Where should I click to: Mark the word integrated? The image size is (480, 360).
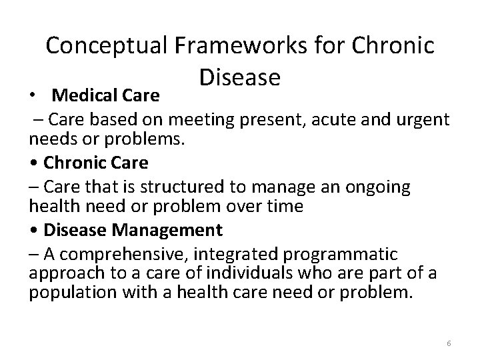point(238,254)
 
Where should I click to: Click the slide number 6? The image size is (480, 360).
point(449,343)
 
